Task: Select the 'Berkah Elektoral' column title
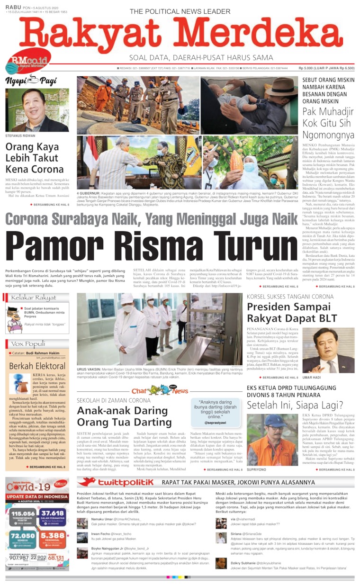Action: tap(31, 366)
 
